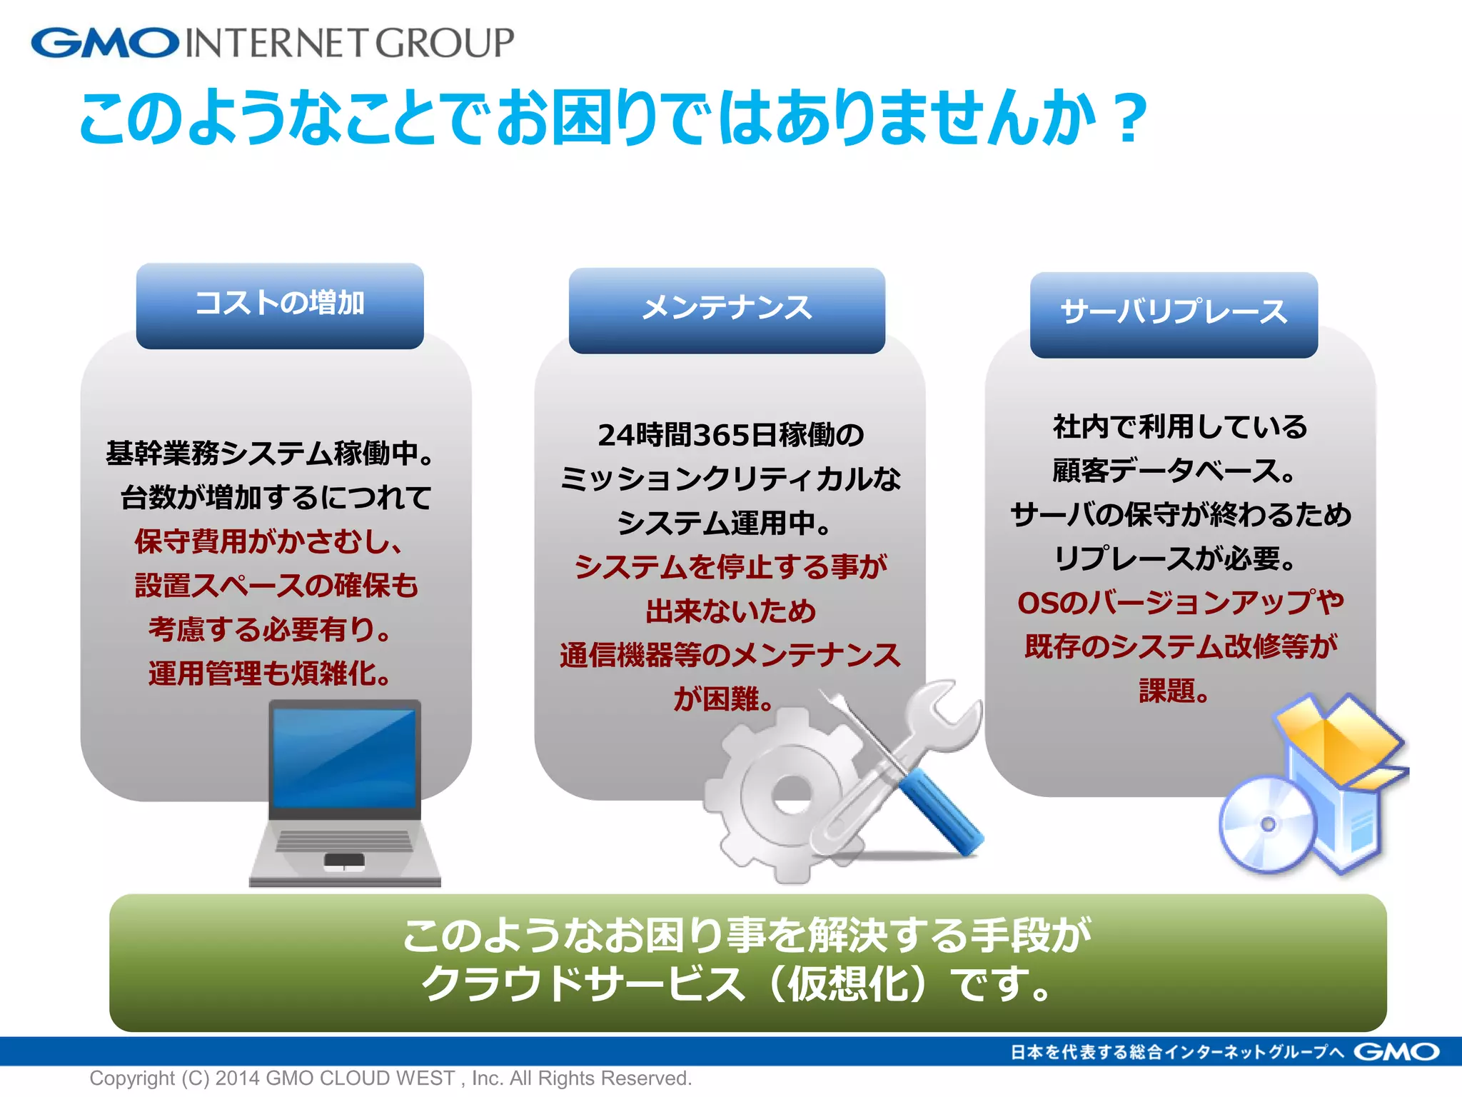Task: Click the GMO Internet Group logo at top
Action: [x=271, y=43]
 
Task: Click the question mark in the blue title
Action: [x=1128, y=119]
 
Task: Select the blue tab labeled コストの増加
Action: [x=280, y=305]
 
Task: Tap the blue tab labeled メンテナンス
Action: [x=727, y=310]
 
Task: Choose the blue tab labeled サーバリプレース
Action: [x=1174, y=314]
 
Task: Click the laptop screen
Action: [x=344, y=757]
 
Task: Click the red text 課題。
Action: [x=1174, y=691]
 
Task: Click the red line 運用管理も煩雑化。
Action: [x=270, y=673]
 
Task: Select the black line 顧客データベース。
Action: [x=1174, y=471]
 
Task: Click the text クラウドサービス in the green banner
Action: [x=583, y=984]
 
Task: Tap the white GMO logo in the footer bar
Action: [x=1396, y=1052]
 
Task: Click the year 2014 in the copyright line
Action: [x=238, y=1078]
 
